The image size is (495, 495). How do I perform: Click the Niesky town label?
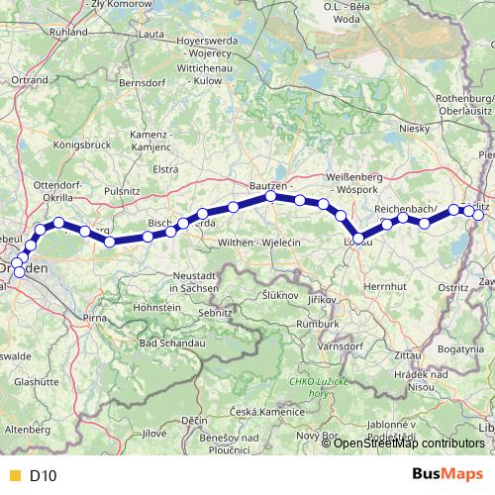[409, 129]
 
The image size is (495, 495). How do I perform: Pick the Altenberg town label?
[27, 430]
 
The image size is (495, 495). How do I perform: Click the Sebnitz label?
[214, 312]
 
